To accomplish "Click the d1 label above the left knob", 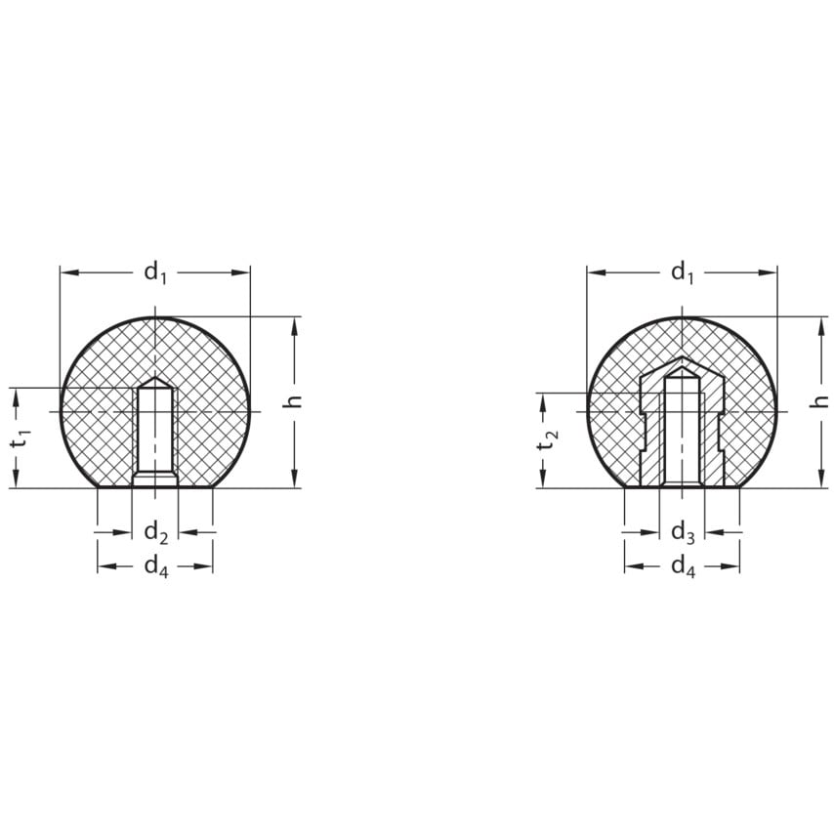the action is tap(155, 273).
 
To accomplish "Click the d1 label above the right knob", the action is tap(683, 272).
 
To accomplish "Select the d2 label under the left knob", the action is tap(156, 532).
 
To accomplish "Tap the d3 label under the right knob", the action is tap(683, 532).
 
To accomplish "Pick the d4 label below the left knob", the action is tap(156, 567).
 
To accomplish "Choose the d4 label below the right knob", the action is tap(683, 567).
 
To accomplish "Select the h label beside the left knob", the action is tap(294, 402).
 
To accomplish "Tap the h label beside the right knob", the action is tap(821, 402).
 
